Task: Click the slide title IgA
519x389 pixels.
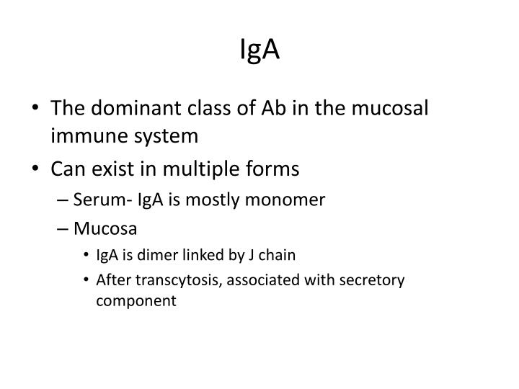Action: tap(259, 50)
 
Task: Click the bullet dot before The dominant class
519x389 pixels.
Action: tap(37, 108)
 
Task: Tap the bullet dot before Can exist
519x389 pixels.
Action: tap(37, 170)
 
